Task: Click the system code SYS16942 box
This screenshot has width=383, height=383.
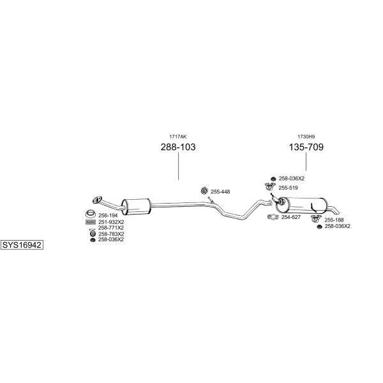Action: [22, 244]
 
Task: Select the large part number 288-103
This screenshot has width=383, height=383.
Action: [178, 147]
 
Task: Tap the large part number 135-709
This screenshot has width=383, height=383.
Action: [306, 147]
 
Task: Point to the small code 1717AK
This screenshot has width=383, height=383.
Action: [178, 137]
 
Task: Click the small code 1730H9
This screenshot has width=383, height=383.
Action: [306, 137]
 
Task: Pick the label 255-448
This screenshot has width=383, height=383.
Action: [220, 192]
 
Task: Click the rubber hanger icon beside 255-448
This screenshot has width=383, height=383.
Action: [204, 190]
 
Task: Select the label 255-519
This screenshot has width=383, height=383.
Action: [289, 188]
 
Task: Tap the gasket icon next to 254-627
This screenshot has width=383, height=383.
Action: [273, 217]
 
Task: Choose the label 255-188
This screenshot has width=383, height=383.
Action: [334, 220]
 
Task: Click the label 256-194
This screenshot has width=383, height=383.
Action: [108, 216]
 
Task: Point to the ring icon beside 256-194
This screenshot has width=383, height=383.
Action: [91, 214]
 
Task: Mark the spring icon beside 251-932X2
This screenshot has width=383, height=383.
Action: [91, 222]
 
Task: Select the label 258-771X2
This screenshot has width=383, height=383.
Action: [111, 228]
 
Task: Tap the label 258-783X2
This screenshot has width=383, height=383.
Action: [111, 234]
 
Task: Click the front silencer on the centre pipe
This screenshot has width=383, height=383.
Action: [136, 207]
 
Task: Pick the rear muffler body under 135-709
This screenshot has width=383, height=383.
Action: [301, 204]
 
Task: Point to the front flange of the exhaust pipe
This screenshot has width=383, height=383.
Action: [97, 200]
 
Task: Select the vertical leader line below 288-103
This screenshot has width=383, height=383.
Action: [178, 167]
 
